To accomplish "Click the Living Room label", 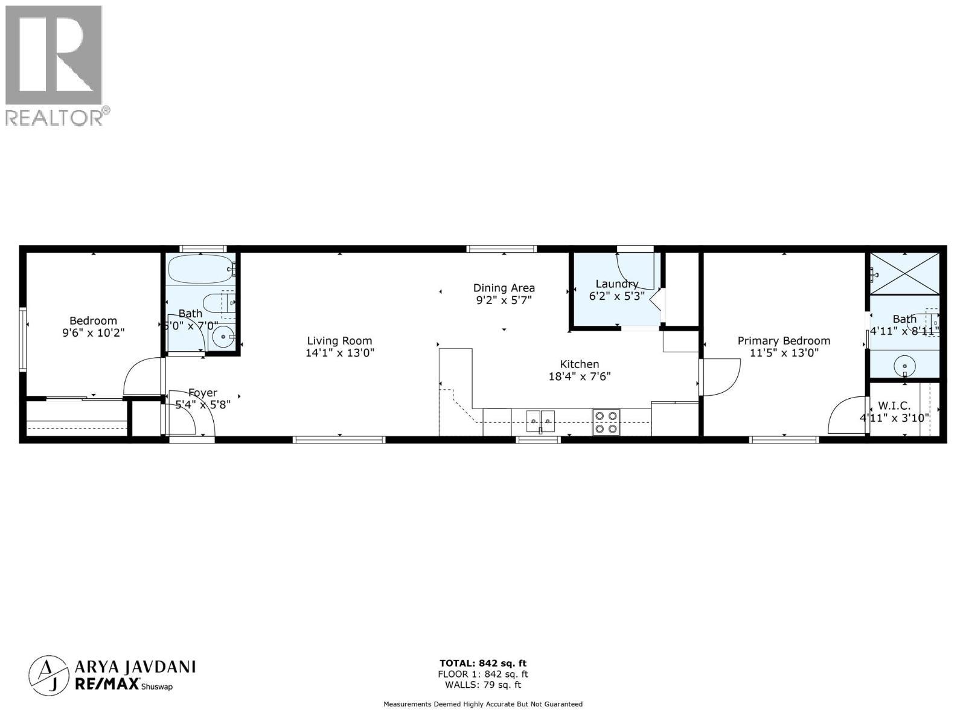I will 339,341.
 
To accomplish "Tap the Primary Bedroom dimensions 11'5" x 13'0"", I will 784,353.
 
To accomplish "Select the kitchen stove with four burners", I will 606,422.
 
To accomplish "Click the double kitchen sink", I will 540,421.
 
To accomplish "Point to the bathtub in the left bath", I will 200,269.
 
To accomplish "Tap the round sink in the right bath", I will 904,365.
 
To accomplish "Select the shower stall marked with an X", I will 904,274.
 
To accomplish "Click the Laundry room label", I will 616,284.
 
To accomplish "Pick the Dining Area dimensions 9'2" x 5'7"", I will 504,300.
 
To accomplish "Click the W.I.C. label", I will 894,405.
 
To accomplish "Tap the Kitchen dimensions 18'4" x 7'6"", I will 580,376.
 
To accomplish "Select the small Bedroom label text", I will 93,321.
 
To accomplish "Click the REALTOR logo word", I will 54,118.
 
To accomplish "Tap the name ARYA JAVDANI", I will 135,667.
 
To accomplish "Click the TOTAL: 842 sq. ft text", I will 482,664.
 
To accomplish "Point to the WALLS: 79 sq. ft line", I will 482,685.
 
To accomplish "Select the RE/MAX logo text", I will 106,683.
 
